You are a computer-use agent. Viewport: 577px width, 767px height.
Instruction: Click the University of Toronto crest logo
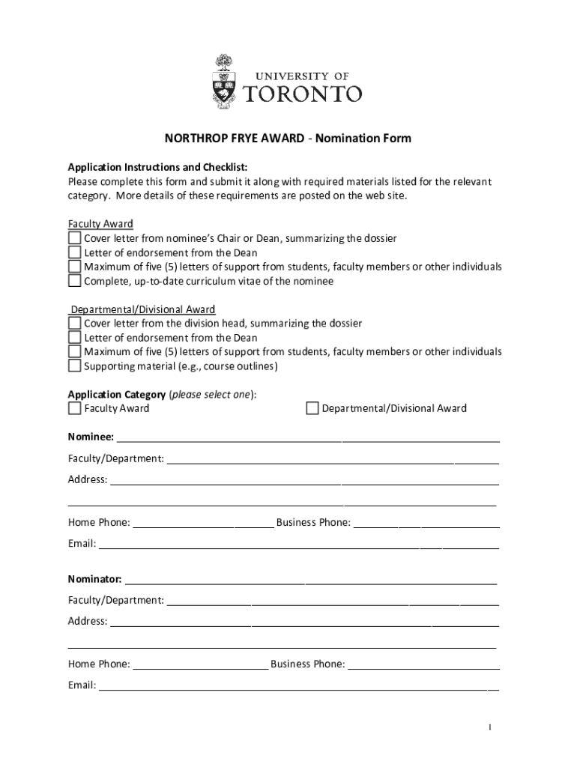pos(223,81)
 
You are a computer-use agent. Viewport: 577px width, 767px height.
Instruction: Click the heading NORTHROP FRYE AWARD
pos(235,139)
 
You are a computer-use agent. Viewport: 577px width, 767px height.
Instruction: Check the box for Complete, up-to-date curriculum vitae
pos(74,282)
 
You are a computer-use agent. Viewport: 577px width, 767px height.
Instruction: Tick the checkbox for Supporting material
pos(74,366)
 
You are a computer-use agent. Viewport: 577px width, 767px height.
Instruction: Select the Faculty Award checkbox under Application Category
pos(74,408)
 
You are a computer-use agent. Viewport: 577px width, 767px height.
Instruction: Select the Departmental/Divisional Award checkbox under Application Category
pos(312,408)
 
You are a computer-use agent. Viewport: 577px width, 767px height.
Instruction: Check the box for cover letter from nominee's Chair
pos(74,239)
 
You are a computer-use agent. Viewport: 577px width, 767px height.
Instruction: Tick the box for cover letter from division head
pos(74,324)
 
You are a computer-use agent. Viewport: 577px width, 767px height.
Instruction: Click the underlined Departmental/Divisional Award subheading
pos(143,309)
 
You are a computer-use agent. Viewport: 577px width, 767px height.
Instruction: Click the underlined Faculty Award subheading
pos(100,224)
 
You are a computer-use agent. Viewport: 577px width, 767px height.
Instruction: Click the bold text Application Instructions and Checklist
pos(158,167)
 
